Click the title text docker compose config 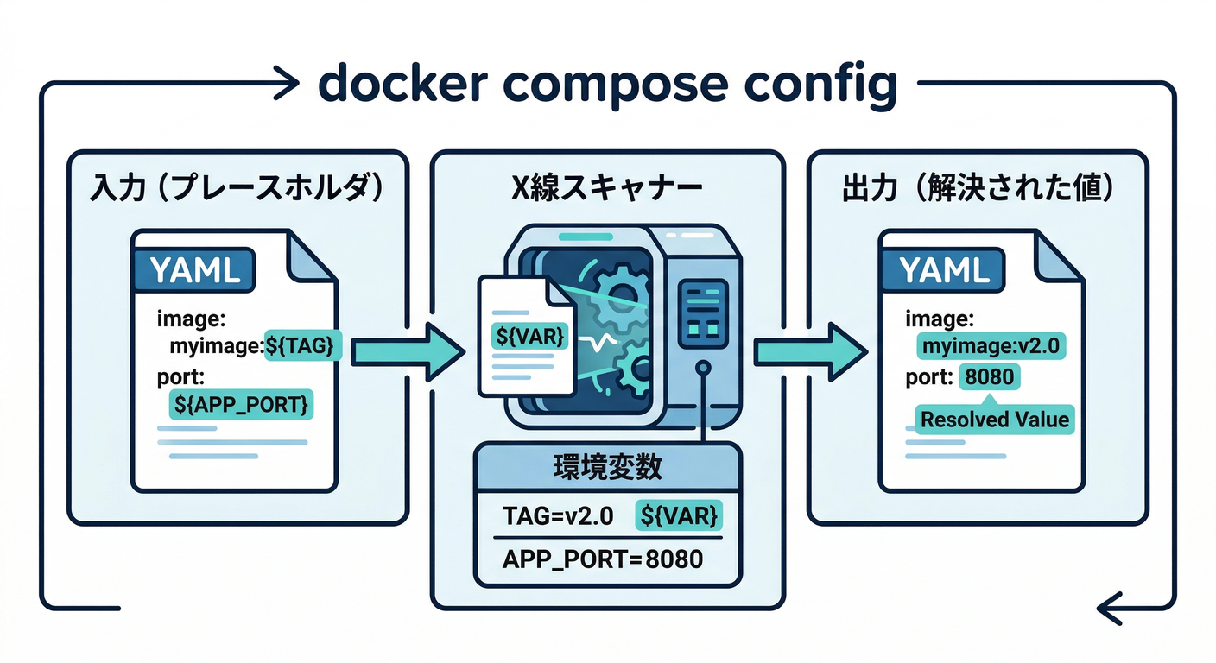[607, 85]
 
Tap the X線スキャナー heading [608, 190]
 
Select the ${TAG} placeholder [304, 347]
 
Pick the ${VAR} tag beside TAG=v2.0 [679, 516]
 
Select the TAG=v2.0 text [558, 516]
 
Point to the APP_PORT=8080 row [602, 559]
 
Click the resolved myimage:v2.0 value [991, 347]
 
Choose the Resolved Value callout [995, 420]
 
